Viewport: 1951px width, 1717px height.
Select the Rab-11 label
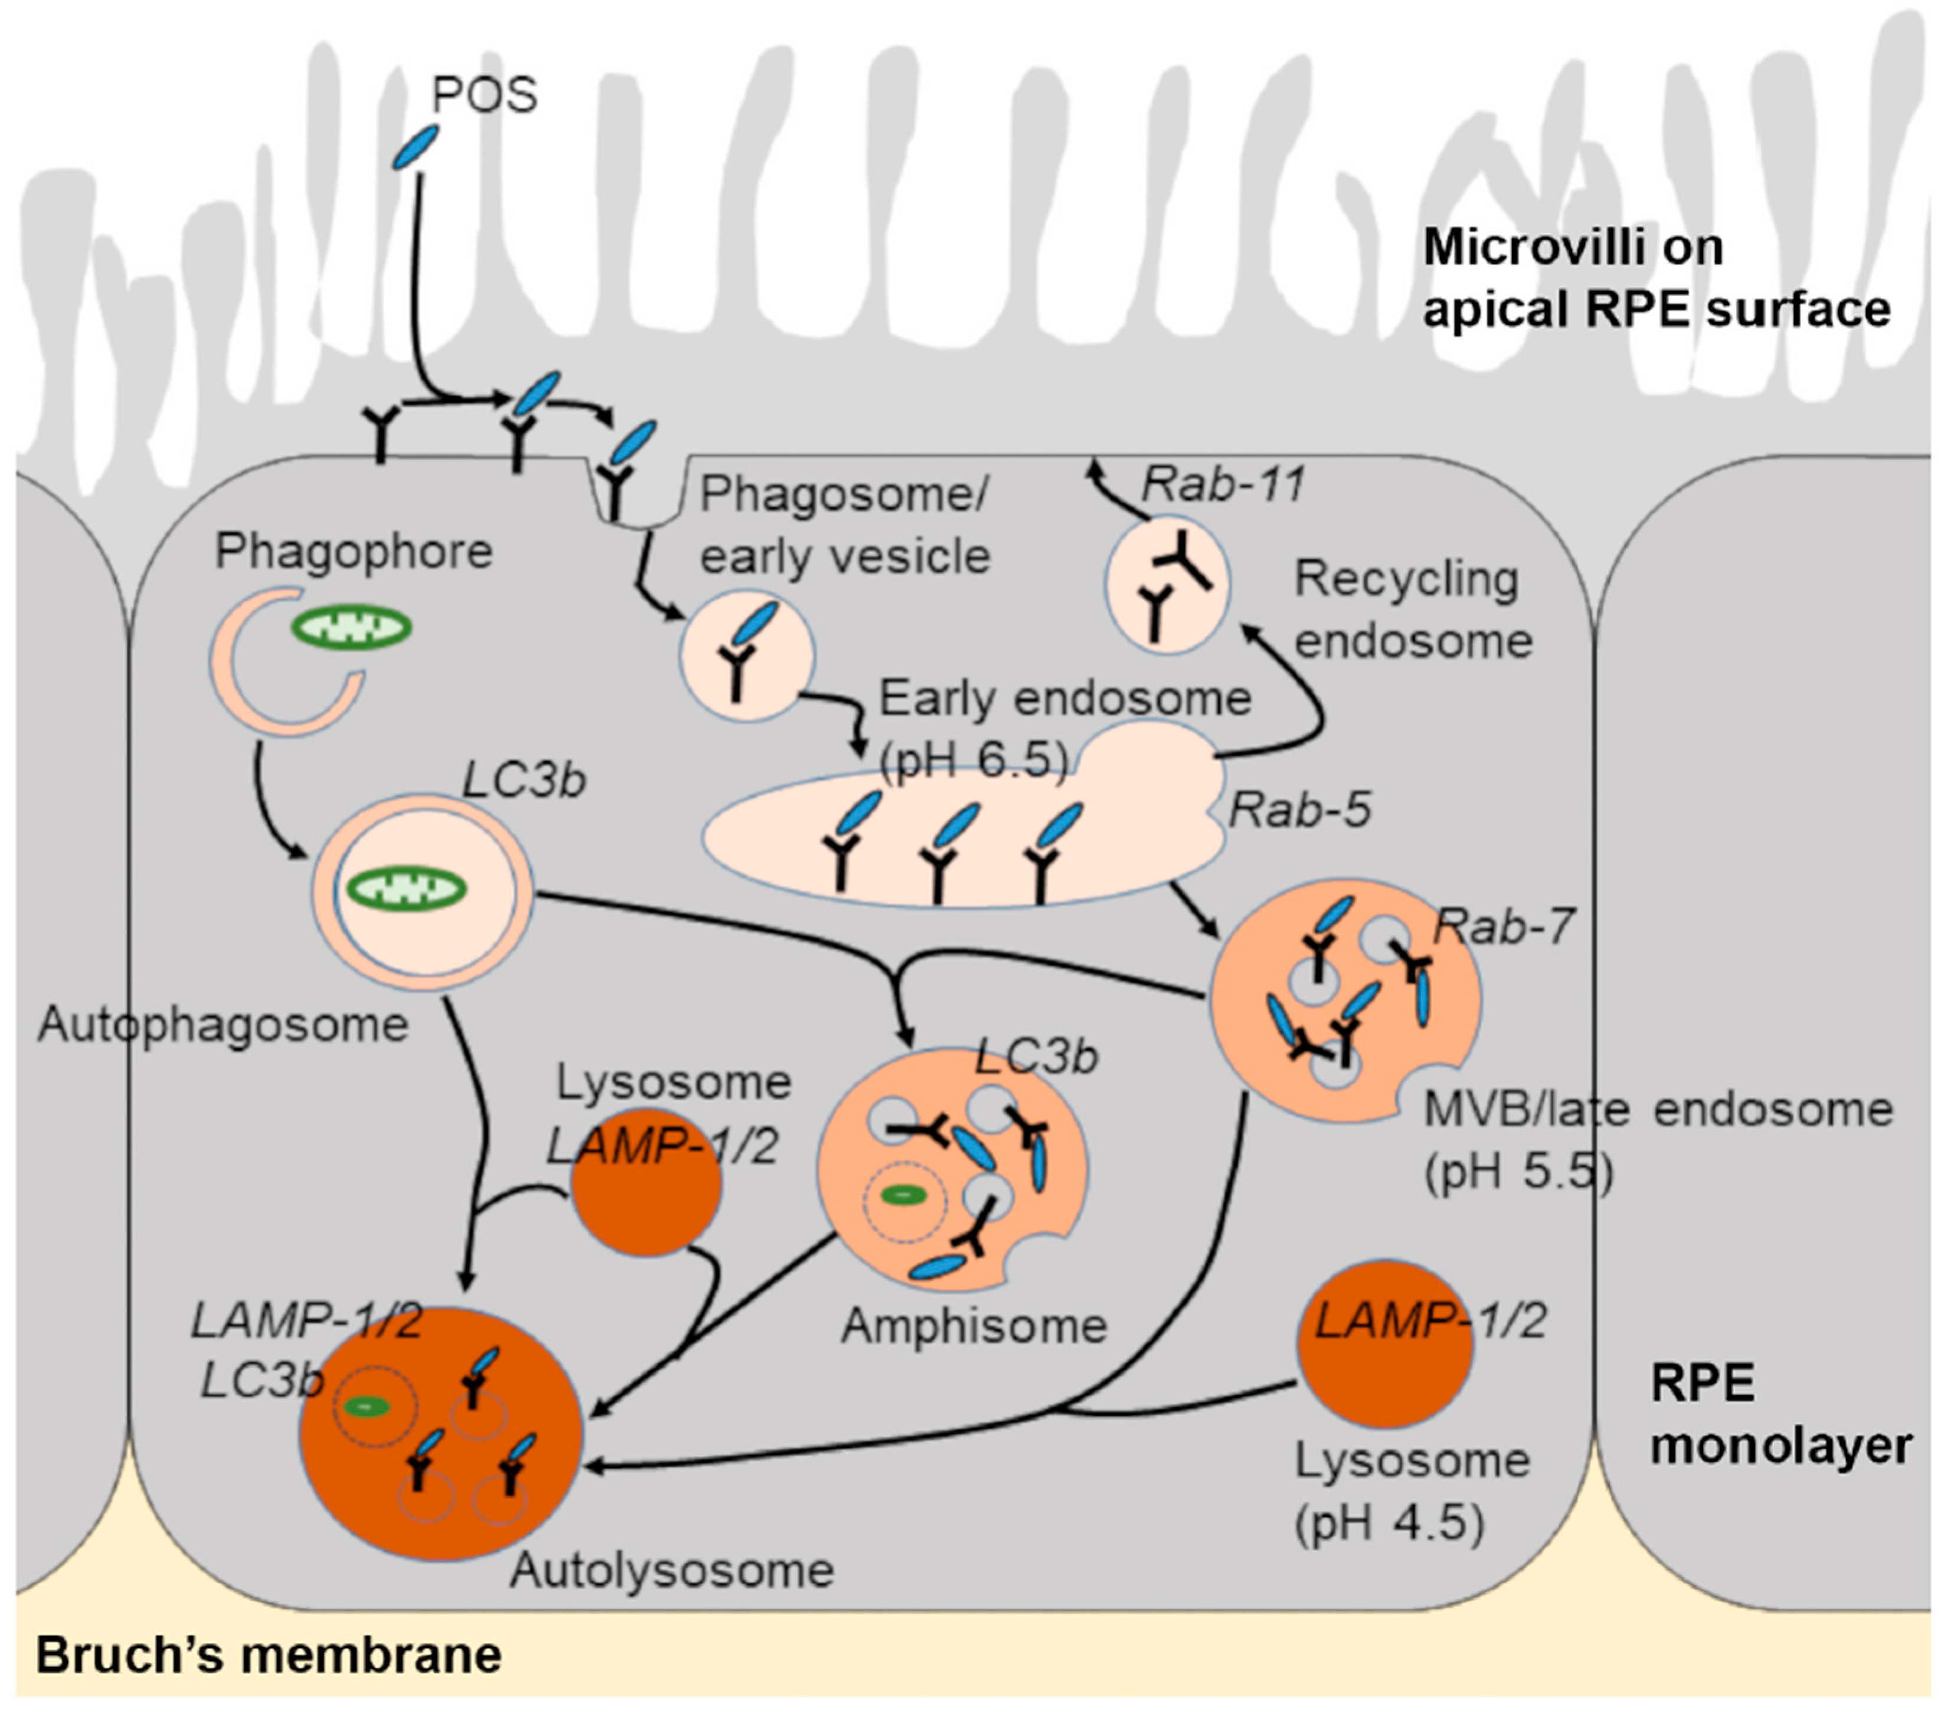pyautogui.click(x=1223, y=485)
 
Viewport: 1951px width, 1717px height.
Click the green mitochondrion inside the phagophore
pyautogui.click(x=351, y=628)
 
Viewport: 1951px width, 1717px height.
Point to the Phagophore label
pyautogui.click(x=353, y=552)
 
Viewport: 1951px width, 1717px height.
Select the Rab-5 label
pyautogui.click(x=1299, y=810)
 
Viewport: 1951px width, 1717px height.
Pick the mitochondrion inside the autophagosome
pyautogui.click(x=405, y=890)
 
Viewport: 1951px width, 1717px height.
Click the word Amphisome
pyautogui.click(x=974, y=1326)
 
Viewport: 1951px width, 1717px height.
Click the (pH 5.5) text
pyautogui.click(x=1518, y=1172)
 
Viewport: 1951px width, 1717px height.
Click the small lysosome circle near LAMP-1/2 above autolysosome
pyautogui.click(x=646, y=1185)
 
